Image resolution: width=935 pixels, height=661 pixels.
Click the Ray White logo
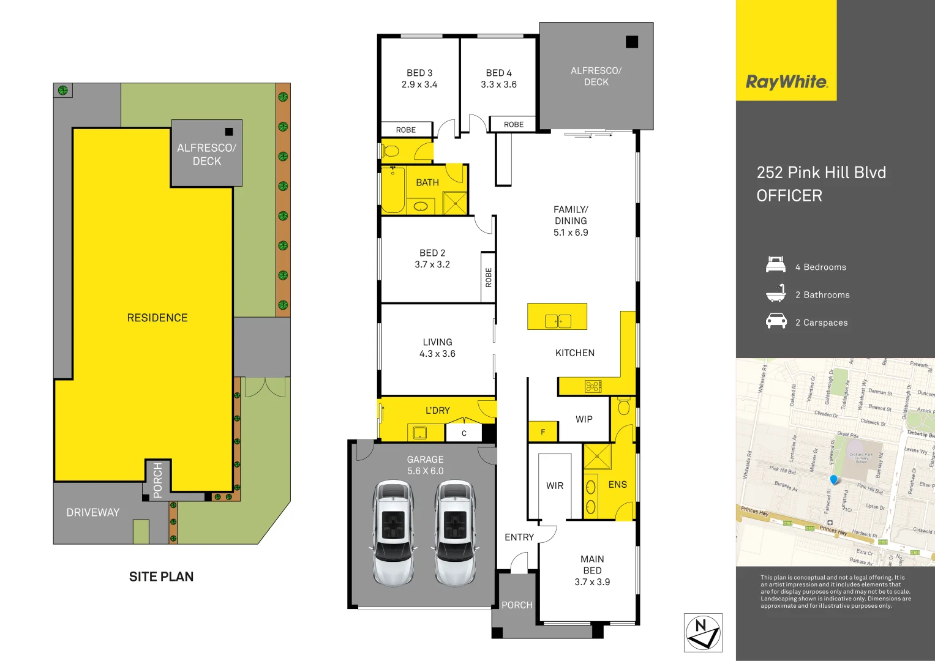pos(786,82)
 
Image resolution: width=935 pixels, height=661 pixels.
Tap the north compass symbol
pos(703,633)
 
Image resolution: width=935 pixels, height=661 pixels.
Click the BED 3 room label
pos(419,73)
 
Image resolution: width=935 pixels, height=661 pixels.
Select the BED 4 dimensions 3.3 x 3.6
pos(498,84)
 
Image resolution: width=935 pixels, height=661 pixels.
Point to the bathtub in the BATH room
pos(393,190)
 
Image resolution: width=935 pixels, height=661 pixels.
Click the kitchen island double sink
pos(558,320)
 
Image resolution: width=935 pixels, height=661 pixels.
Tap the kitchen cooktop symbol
pos(593,386)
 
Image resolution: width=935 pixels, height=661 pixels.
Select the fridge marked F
pos(543,431)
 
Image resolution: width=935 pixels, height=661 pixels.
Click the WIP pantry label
pos(584,419)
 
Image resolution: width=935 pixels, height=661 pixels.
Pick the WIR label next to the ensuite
pos(555,486)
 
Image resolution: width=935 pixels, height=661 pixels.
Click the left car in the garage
pos(392,532)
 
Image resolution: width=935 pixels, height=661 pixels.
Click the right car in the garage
pos(454,532)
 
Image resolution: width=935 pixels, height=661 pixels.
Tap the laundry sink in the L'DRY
pos(419,433)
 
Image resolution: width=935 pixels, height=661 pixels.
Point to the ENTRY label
pos(519,537)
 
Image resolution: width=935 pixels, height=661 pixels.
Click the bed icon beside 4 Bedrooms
pos(776,265)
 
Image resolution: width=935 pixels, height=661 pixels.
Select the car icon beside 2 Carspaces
pos(776,321)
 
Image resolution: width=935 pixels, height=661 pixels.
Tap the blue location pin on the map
pos(833,479)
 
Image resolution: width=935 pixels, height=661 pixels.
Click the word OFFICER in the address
pos(789,196)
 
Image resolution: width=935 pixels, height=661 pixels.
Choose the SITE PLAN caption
pos(161,577)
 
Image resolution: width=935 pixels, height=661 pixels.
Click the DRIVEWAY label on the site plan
pos(93,512)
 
